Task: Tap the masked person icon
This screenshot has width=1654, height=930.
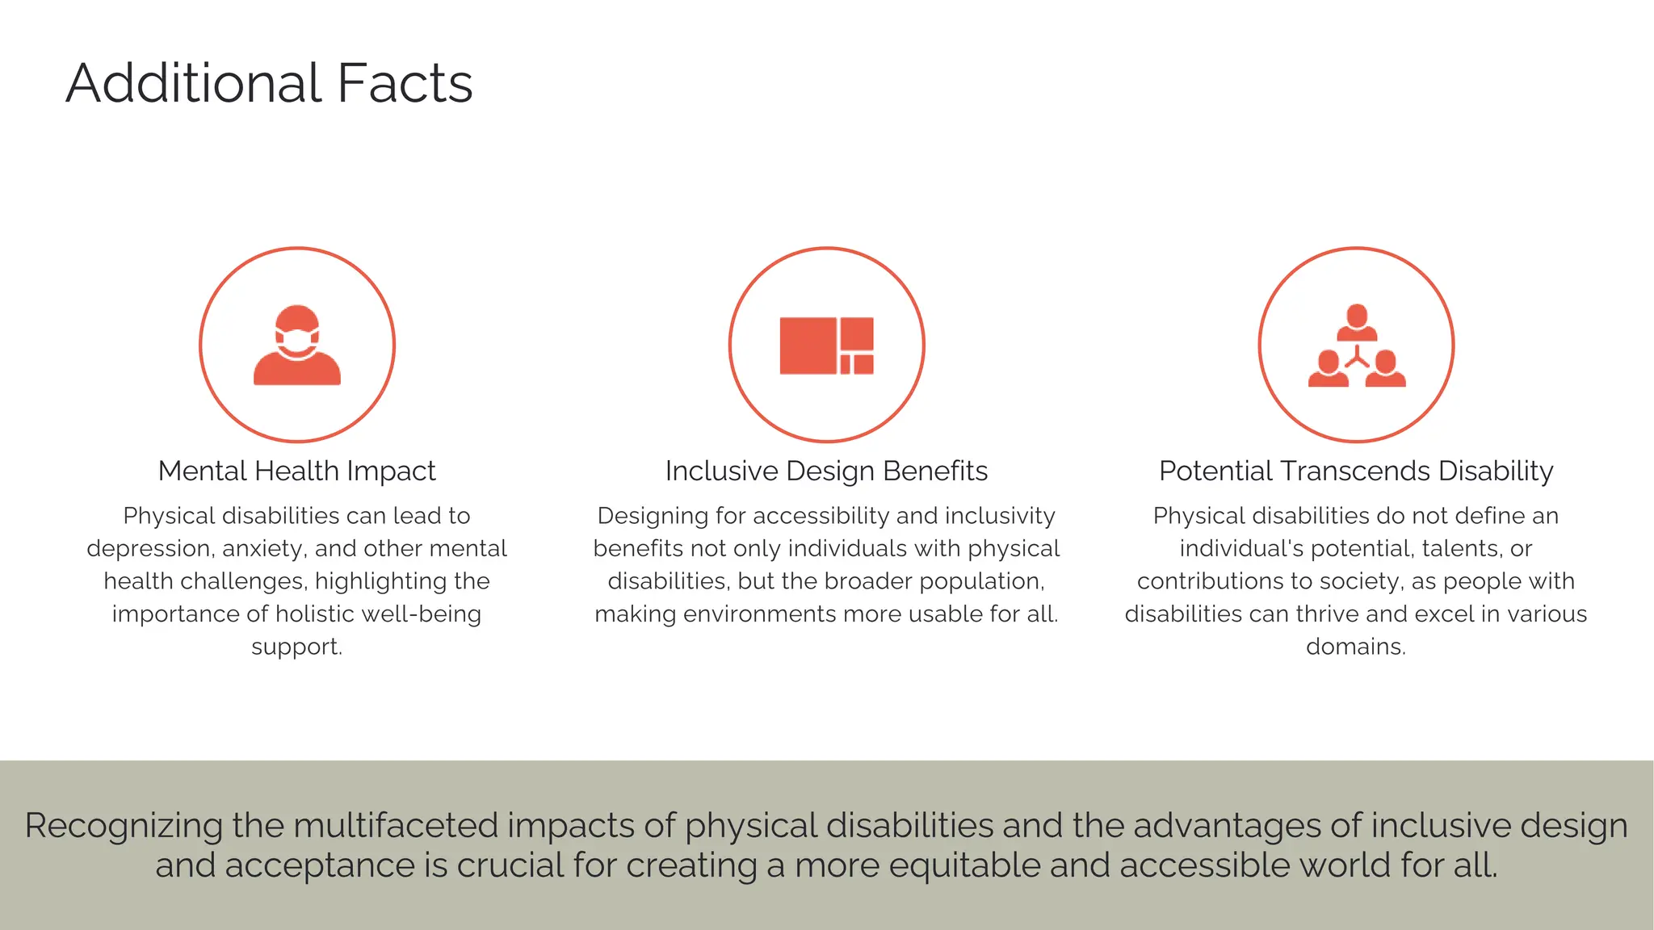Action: tap(297, 345)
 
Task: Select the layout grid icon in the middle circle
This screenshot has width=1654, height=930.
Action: tap(826, 346)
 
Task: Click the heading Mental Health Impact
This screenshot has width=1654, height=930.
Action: tap(296, 471)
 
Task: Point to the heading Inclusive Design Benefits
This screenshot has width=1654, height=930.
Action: tap(826, 471)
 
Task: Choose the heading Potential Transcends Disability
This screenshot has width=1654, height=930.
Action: tap(1356, 471)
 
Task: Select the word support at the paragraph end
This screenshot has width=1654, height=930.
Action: tap(296, 647)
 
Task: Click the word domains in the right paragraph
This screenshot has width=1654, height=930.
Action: tap(1355, 647)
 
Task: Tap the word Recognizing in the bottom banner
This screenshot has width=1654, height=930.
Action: tap(123, 826)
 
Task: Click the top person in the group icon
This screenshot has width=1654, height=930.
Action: tap(1357, 322)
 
